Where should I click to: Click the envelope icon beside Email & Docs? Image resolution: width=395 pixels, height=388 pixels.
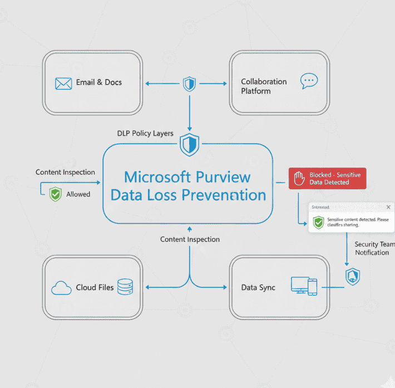point(64,83)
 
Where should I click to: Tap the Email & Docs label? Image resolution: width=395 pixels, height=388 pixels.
point(98,82)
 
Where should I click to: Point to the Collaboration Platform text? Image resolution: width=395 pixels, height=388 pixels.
point(264,86)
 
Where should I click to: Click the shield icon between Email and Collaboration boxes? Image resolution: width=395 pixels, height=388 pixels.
point(189,84)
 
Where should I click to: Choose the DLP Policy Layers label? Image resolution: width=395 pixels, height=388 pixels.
point(145,134)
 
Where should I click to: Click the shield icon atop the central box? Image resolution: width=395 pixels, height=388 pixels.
point(189,145)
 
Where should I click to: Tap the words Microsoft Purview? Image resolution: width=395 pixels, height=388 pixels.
point(187,177)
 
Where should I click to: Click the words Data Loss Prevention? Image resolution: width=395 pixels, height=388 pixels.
point(188,195)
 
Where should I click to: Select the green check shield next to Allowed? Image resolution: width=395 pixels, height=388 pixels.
point(55,194)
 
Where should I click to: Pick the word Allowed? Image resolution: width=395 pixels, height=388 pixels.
point(78,194)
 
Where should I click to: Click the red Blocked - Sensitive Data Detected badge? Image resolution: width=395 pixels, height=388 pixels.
point(327,178)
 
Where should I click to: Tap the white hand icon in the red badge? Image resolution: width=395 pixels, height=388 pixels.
point(299,179)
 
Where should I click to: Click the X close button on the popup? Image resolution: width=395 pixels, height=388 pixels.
point(388,207)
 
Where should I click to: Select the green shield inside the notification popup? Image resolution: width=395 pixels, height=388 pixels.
point(318,223)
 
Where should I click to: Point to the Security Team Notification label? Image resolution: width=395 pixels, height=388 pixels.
point(374,248)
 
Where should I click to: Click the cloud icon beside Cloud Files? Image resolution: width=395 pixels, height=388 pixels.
point(61,288)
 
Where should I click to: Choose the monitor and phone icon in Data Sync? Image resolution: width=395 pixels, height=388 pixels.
point(304,286)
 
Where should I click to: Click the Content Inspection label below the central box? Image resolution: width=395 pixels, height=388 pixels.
point(190,239)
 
